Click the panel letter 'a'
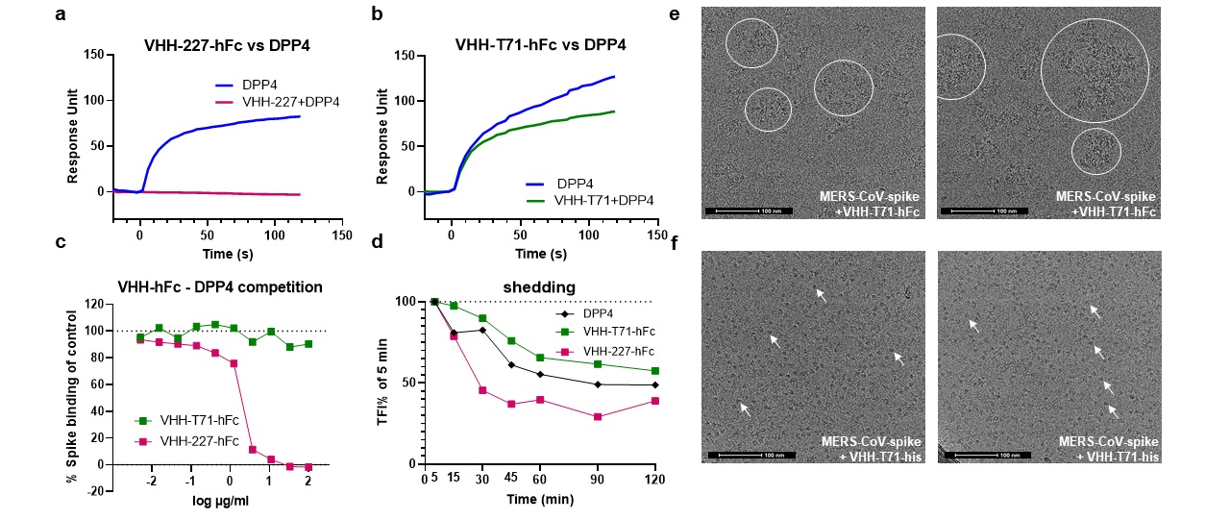[x=60, y=16]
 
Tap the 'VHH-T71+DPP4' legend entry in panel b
[x=605, y=200]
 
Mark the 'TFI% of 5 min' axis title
[x=382, y=383]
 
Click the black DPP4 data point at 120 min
[x=655, y=385]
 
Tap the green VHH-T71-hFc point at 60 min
[x=540, y=358]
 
